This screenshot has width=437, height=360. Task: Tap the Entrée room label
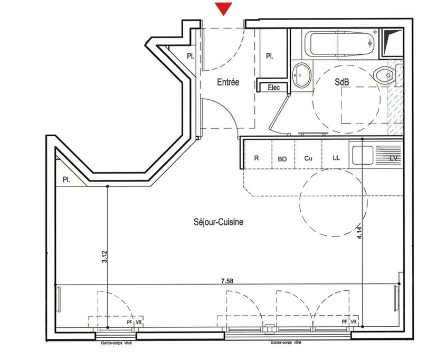coord(228,82)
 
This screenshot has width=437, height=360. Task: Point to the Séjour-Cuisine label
coord(218,223)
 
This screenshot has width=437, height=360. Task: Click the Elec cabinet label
coord(274,87)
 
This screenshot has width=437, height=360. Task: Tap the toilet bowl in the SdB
coord(384,75)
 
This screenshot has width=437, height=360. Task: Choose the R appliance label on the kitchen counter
coord(256,158)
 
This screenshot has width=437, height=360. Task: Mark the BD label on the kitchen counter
coord(282,158)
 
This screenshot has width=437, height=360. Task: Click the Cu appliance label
coord(309,158)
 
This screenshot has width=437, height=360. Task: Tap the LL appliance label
coord(336,158)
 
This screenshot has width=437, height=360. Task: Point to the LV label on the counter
coord(393,158)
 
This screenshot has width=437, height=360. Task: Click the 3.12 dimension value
coord(104,257)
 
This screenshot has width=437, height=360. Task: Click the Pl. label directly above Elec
coord(269,56)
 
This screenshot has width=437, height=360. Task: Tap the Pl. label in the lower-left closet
coord(66,179)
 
